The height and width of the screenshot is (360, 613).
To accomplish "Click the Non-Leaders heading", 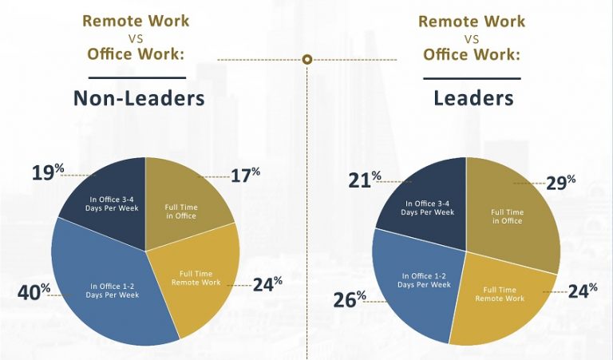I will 138,98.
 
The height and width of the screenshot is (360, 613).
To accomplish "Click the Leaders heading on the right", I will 473,98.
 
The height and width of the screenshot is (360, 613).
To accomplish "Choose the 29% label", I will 560,182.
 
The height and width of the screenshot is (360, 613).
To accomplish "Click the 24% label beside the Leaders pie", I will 582,290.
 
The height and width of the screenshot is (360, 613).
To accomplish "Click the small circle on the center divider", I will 307,60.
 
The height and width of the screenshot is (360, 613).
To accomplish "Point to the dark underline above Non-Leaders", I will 136,77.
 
